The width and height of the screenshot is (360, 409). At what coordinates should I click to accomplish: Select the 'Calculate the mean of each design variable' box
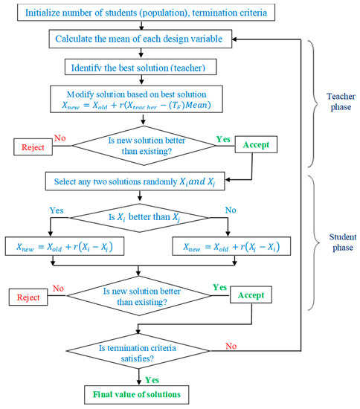tap(141, 37)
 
